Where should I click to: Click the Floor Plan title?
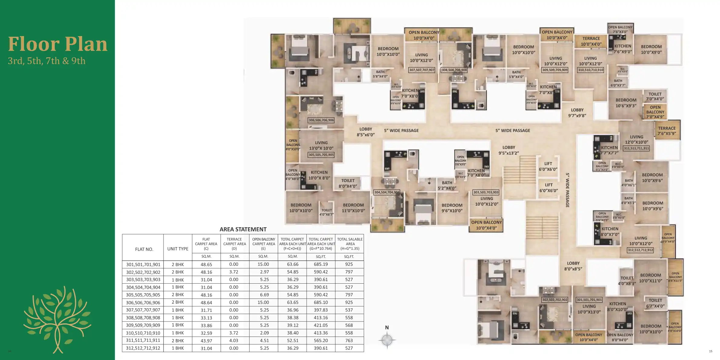58,44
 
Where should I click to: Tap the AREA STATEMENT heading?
243,229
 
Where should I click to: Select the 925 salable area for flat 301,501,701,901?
349,264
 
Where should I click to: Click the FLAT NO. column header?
144,249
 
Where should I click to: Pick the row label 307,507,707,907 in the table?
143,310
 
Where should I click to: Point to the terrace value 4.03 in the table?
234,341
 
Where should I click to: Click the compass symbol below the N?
387,340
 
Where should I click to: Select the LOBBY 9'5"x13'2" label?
509,150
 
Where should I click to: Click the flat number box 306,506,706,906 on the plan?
321,120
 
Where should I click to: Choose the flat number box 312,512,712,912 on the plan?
641,250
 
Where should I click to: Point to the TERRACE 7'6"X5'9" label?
667,131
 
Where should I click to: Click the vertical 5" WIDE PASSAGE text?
568,190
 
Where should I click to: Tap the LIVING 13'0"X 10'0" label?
321,145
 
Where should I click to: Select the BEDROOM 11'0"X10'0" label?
353,208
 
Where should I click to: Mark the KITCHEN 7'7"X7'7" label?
609,150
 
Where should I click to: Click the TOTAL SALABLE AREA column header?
350,244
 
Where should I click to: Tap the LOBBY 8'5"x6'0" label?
366,132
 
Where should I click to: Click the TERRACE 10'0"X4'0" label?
591,41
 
